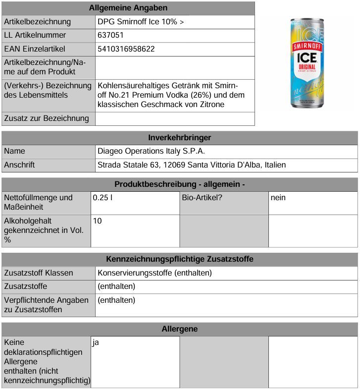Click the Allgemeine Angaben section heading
point(128,8)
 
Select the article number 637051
point(111,35)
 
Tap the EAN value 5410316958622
point(126,49)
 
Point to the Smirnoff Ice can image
point(309,63)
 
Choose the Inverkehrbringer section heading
point(179,137)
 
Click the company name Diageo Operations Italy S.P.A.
point(152,151)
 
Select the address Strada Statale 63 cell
point(192,165)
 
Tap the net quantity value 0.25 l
point(101,197)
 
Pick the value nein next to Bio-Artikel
point(278,197)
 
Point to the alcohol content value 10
point(98,221)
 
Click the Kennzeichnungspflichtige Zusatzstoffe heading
point(179,259)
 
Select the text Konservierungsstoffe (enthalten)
point(154,273)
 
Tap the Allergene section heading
point(179,329)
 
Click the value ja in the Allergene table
point(96,342)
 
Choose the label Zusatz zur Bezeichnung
point(47,118)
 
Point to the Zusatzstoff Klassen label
point(39,273)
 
